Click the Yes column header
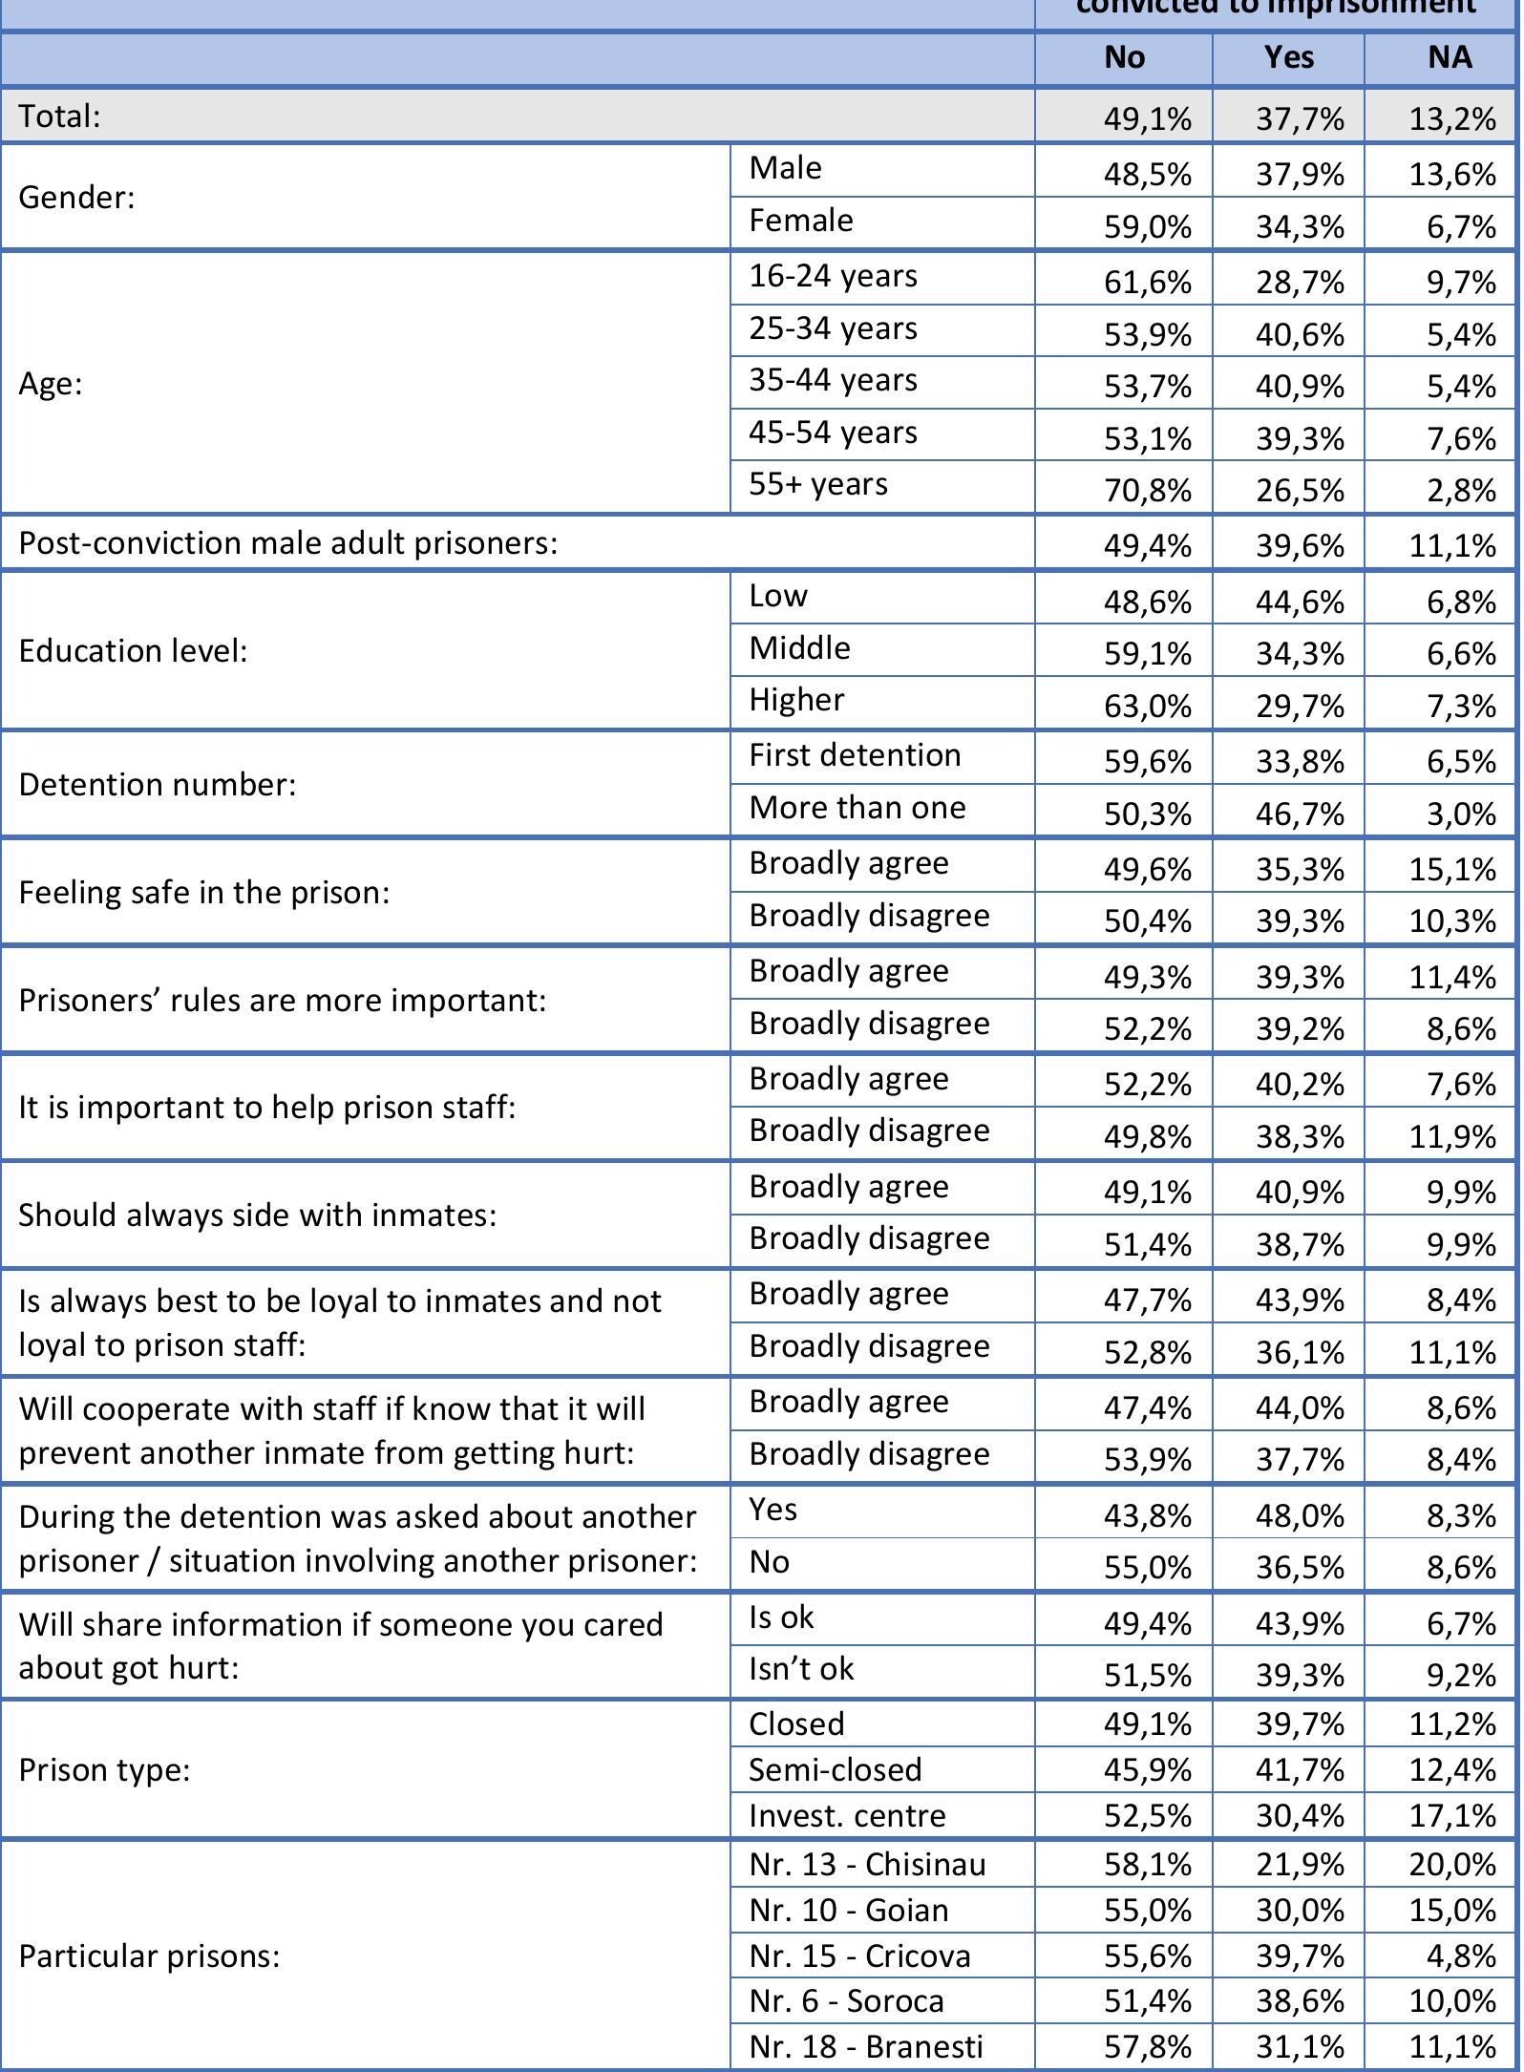pos(1288,57)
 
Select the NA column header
pos(1449,57)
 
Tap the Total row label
pos(59,116)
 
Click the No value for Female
pos(1147,227)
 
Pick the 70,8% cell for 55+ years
pos(1147,491)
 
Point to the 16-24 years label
pos(833,277)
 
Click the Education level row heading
pos(133,651)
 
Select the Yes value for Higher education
pos(1300,707)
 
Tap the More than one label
pos(857,809)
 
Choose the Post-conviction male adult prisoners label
pos(287,543)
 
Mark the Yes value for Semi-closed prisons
pos(1300,1770)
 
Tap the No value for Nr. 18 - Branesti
pos(1147,2047)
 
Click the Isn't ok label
pos(800,1669)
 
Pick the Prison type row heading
pos(104,1770)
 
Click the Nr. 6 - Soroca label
pos(846,2000)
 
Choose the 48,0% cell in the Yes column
pos(1300,1516)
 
